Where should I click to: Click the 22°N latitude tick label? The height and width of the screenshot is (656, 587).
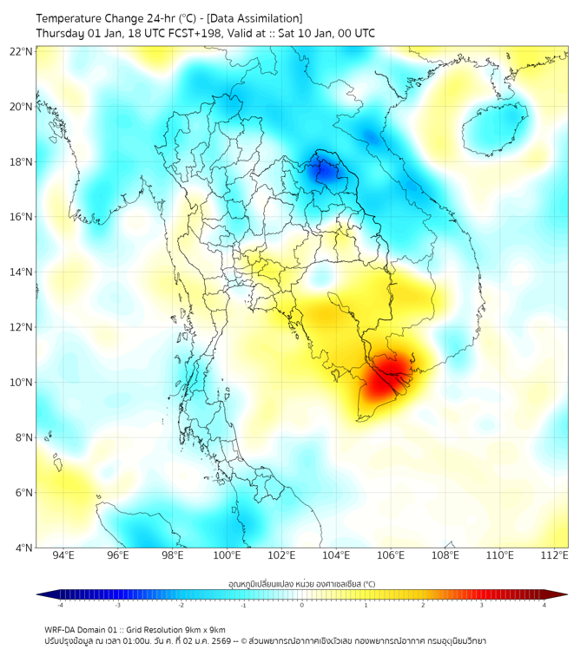click(x=22, y=51)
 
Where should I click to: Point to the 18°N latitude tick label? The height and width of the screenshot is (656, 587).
click(x=22, y=161)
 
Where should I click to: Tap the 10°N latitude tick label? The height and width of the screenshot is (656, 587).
click(x=22, y=382)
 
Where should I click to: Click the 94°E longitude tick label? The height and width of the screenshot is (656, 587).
click(x=63, y=555)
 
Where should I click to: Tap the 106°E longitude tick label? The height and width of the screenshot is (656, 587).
click(x=391, y=555)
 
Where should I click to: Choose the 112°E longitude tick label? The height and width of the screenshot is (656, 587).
click(x=555, y=555)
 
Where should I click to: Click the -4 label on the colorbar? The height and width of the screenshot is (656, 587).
click(x=60, y=605)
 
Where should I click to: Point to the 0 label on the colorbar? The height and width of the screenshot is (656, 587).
click(x=302, y=605)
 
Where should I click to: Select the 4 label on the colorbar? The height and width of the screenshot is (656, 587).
click(x=544, y=605)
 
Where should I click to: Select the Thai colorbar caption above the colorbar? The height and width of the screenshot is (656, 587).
click(x=301, y=584)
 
